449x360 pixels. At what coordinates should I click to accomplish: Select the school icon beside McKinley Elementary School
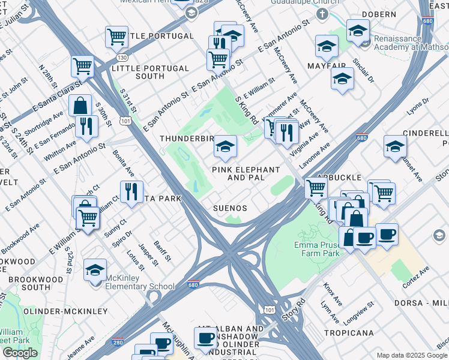tap(95, 271)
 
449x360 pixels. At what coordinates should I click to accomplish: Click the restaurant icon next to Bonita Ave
tap(130, 192)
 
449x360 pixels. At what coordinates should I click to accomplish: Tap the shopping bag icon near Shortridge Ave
tap(80, 106)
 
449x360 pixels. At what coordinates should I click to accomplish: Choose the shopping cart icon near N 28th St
tap(82, 66)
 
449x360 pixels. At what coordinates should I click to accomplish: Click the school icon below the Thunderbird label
tap(225, 147)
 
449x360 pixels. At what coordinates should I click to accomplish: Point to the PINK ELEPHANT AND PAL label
tap(246, 174)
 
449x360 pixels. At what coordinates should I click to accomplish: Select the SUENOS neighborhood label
tap(231, 208)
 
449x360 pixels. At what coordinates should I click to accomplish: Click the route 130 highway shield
tap(122, 57)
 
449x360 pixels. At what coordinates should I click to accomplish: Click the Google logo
tap(20, 353)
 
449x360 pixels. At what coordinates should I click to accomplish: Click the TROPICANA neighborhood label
tap(349, 332)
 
